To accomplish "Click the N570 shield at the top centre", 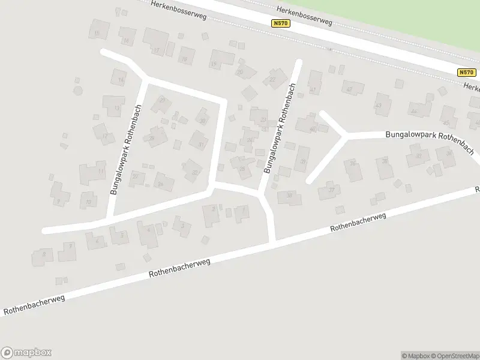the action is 280,23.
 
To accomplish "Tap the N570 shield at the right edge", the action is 466,72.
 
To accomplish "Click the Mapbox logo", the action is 26,353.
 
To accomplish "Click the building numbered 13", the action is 114,106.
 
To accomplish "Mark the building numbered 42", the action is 350,88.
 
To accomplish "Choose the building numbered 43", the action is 380,104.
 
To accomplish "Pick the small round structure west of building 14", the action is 77,91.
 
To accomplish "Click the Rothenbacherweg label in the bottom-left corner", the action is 34,305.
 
